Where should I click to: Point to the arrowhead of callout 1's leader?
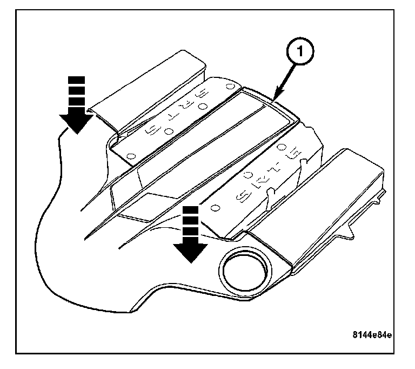coord(273,99)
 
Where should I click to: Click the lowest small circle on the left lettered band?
coord(130,156)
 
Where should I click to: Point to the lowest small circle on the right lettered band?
coord(215,207)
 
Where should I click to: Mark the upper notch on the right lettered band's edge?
coord(304,161)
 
